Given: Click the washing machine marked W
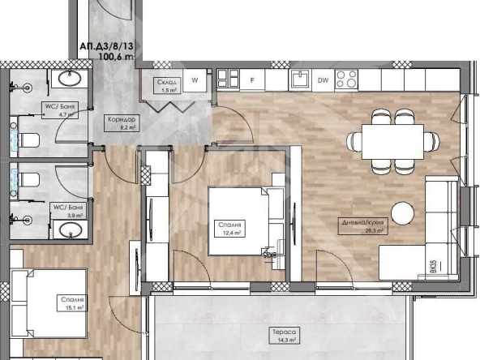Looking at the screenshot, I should tap(195, 79).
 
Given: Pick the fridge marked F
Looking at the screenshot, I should tap(252, 79).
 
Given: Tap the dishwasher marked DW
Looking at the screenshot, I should tap(323, 79).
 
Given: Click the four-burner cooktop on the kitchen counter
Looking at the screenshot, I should tap(347, 79).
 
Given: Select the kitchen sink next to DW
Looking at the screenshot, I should tap(300, 79).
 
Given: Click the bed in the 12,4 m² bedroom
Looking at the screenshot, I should tap(238, 221).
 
